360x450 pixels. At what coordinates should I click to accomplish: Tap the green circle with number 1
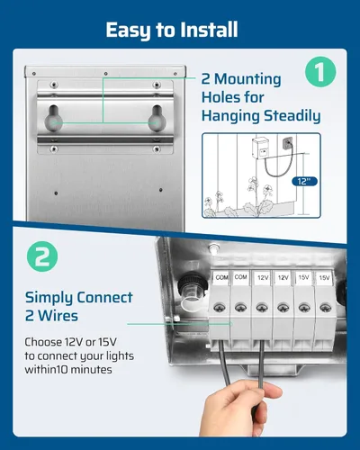pos(320,72)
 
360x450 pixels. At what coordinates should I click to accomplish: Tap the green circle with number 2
pos(42,256)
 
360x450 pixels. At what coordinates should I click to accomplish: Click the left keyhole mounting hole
pos(54,119)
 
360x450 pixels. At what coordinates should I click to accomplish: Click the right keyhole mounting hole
pos(157,119)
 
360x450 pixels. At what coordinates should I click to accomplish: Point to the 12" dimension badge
pos(304,181)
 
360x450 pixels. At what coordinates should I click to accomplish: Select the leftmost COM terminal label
pos(221,277)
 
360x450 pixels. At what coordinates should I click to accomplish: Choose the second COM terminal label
pos(240,277)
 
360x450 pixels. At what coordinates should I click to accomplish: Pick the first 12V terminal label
pos(263,277)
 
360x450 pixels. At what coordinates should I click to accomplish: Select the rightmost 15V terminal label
pos(324,277)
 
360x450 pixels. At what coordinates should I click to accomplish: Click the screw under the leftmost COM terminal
pos(220,308)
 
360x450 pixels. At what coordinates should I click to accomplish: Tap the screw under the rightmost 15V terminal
pos(326,308)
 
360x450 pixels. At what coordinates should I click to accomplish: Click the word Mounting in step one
pos(247,79)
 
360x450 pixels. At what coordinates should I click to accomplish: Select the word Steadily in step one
pos(292,116)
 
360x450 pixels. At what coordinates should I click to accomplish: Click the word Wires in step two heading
pos(58,316)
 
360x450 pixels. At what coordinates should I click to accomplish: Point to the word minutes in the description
pos(90,370)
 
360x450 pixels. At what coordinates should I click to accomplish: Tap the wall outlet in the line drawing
pos(286,141)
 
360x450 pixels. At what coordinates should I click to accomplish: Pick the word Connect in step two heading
pos(104,298)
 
